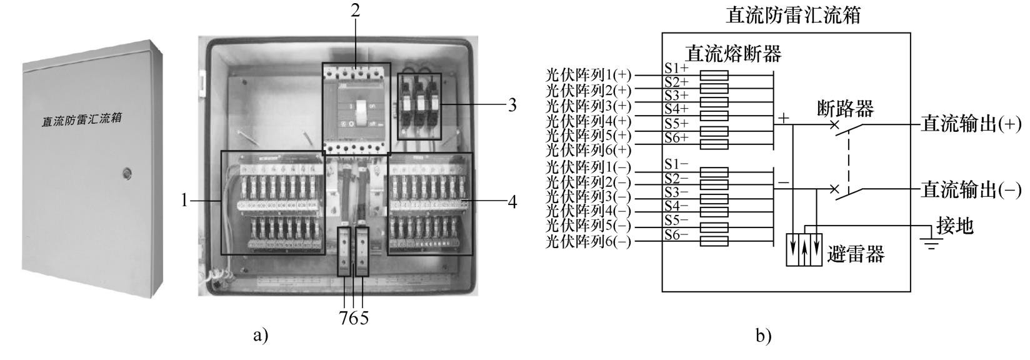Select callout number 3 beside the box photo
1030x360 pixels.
click(512, 104)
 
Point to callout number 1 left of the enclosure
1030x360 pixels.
click(184, 201)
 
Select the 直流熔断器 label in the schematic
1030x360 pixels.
click(734, 54)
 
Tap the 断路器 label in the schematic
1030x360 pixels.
click(845, 109)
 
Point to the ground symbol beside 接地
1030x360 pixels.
click(932, 243)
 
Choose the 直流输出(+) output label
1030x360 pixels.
click(970, 124)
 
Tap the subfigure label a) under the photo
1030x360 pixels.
click(261, 336)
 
